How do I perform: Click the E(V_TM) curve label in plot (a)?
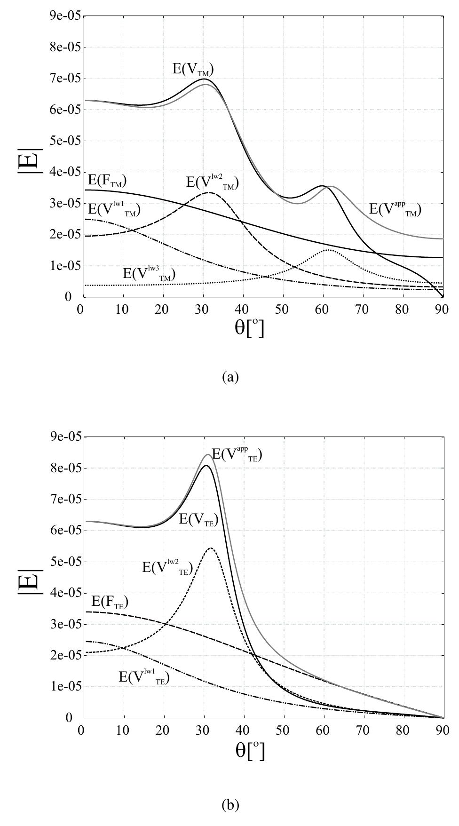click(x=193, y=70)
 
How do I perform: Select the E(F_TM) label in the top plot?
click(x=107, y=181)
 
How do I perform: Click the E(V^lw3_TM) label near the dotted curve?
click(x=149, y=274)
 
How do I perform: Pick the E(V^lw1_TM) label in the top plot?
click(x=114, y=209)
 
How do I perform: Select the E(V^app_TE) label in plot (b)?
click(x=237, y=454)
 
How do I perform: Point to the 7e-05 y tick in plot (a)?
click(x=65, y=79)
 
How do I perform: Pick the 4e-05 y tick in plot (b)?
click(x=65, y=593)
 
